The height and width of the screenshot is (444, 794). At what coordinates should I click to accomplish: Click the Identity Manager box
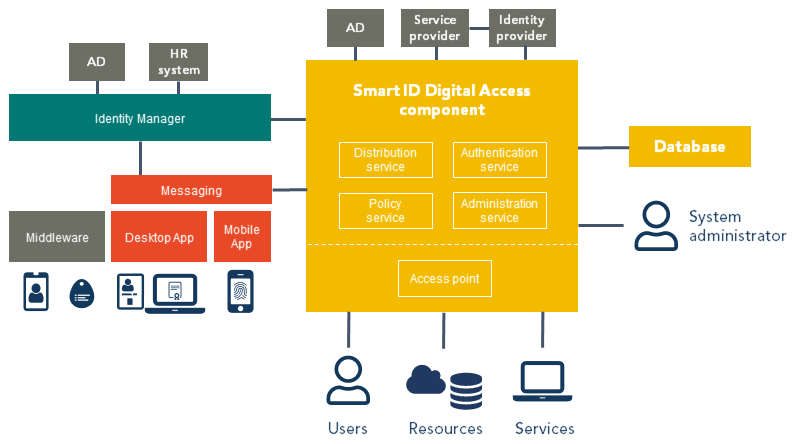(x=140, y=118)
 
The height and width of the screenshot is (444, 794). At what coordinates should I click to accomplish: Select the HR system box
(x=178, y=62)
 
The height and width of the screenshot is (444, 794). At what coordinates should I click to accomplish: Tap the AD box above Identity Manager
(x=96, y=62)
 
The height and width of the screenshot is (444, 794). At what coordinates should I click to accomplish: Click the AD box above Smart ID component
(x=355, y=28)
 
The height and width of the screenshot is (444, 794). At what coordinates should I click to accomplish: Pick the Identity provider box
(x=522, y=28)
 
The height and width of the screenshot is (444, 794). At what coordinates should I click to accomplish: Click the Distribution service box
(x=385, y=160)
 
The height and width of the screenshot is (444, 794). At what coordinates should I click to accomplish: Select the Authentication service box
(x=499, y=160)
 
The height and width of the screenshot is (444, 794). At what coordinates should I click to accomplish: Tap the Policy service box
(x=385, y=211)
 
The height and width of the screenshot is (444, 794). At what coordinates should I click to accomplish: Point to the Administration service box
(x=499, y=211)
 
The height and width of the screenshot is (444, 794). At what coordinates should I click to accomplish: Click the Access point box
(x=444, y=278)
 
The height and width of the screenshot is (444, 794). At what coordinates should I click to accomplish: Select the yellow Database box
(x=689, y=147)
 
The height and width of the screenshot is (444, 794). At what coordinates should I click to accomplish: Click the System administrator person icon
(x=655, y=225)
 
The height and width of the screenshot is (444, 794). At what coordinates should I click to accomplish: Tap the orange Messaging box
(x=191, y=190)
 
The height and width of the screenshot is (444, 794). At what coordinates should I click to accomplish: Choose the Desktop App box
(x=159, y=237)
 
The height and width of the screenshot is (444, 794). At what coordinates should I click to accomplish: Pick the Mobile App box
(x=242, y=237)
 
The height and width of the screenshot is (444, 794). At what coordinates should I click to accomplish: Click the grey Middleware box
(x=57, y=237)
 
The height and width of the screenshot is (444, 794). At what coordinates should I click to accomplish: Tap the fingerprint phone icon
(x=240, y=292)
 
